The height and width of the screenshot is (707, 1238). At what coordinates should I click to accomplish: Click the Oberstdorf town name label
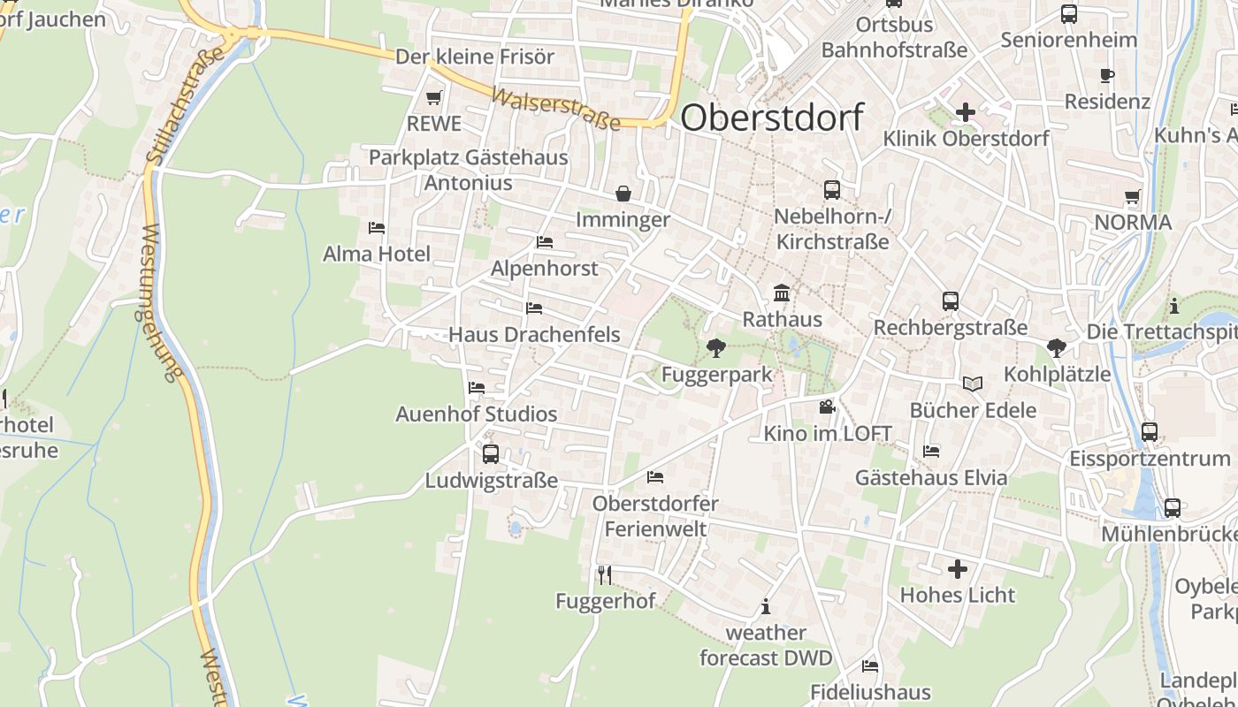pos(772,118)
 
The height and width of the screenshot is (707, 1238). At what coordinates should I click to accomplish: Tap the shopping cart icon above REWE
pos(433,97)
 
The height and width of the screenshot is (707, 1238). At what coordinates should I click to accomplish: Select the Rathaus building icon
pos(782,293)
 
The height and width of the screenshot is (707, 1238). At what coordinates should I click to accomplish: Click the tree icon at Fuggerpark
pos(715,347)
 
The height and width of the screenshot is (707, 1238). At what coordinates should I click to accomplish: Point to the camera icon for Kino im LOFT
pos(827,407)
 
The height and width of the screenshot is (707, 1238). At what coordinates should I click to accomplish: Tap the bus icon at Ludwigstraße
pos(491,454)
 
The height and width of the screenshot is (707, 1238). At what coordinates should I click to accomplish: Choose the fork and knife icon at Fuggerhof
pos(605,575)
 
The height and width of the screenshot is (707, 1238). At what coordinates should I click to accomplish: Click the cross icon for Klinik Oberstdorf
pos(966,112)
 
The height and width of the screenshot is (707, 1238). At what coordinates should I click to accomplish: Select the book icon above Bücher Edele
pos(973,384)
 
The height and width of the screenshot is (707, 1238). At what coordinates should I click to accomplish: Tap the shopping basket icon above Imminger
pos(623,193)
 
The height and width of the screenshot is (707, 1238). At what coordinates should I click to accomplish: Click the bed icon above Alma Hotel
pos(377,228)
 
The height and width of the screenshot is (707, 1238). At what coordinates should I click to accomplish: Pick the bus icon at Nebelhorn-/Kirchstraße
pos(832,189)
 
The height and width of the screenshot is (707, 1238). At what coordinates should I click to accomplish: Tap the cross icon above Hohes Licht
pos(958,568)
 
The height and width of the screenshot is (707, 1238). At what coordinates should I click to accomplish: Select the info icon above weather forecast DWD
pos(766,606)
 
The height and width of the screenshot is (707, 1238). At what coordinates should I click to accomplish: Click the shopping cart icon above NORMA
pos(1133,196)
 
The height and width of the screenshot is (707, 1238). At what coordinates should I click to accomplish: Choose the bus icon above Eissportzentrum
pos(1150,432)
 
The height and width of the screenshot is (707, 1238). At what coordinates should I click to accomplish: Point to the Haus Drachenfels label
pos(534,335)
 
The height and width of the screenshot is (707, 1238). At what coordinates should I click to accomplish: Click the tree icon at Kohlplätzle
pos(1056,347)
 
